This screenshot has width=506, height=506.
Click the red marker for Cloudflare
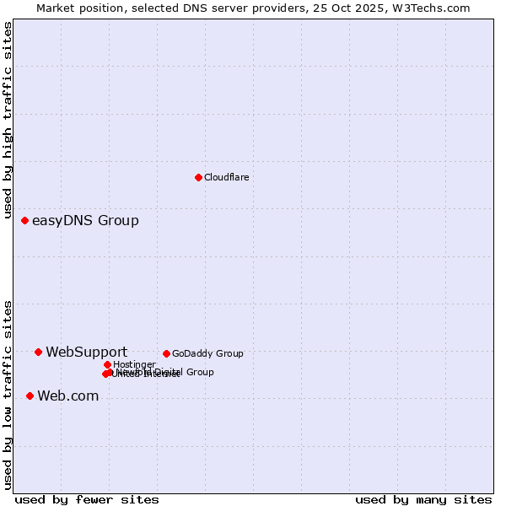pos(198,177)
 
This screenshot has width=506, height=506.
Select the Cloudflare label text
pos(226,177)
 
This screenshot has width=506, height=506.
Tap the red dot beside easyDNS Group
pos(24,220)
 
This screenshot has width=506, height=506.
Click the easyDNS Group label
pos(85,221)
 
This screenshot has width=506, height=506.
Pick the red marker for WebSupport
pos(38,352)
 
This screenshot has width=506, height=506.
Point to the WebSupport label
pos(87,352)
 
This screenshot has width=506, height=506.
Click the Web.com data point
pos(30,396)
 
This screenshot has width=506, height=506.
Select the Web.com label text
pos(67,396)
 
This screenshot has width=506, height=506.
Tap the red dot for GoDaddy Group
pos(166,353)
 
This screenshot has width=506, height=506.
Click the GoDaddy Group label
pos(207,353)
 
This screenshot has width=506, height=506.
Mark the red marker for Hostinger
pos(107,364)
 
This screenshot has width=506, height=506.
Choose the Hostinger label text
pos(134,364)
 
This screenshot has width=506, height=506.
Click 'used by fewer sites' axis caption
pos(87,499)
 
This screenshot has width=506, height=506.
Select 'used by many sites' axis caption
pos(423,499)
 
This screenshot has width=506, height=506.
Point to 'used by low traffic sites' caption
pos(8,395)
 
